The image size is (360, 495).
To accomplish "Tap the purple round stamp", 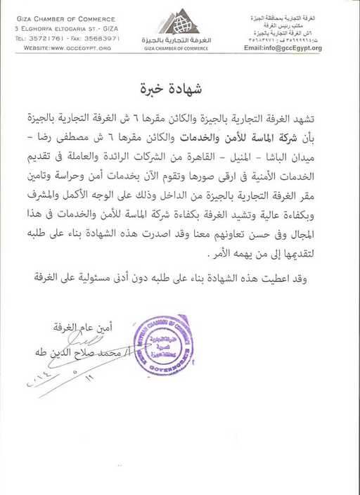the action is coord(162,344).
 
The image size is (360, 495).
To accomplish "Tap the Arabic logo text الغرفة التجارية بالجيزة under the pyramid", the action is coord(180,41).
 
